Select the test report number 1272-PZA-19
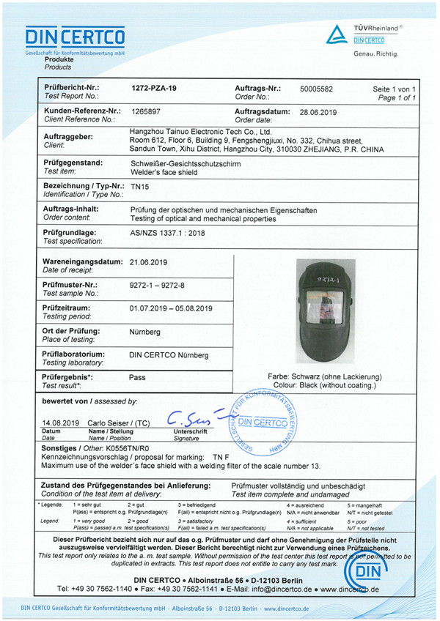tap(153, 88)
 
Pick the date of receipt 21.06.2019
tap(149, 261)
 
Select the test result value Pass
tap(137, 379)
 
